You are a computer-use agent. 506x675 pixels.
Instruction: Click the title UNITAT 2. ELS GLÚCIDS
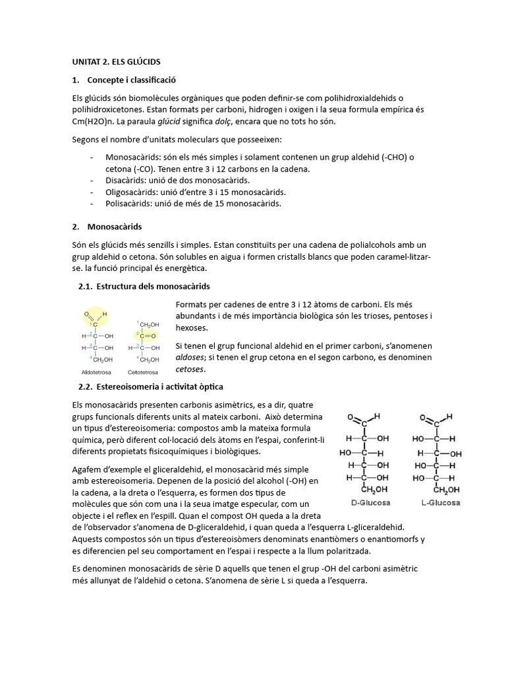[116, 61]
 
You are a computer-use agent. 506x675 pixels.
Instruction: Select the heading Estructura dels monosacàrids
[153, 286]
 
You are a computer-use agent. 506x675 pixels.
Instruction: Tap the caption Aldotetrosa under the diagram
[95, 372]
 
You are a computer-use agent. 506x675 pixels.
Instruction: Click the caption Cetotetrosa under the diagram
[144, 372]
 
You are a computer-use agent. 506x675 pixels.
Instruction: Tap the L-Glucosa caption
[441, 502]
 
